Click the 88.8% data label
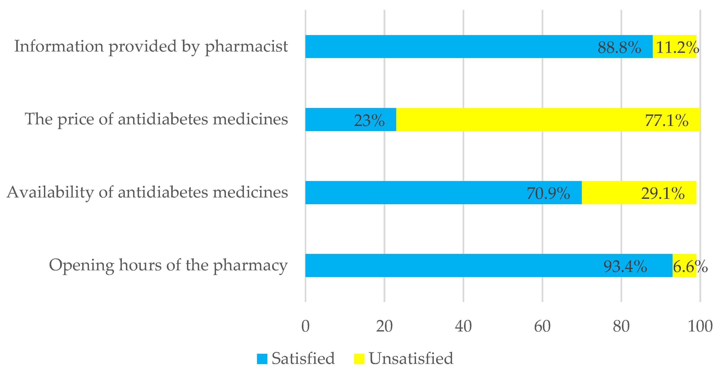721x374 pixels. pos(619,47)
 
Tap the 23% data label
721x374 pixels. pos(369,121)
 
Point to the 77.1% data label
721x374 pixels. pos(666,121)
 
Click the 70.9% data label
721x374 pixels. pos(548,193)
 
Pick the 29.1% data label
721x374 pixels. pos(662,193)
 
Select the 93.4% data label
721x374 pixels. pos(625,266)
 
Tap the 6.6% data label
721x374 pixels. pos(690,266)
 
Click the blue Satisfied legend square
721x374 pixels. pos(262,359)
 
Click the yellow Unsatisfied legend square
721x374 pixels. pos(359,359)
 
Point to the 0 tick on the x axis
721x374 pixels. pos(305,326)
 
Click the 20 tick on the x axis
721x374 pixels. pos(384,326)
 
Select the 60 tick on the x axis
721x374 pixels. pos(542,326)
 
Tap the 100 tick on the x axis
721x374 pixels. pos(700,326)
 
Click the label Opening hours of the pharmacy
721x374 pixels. pos(168,265)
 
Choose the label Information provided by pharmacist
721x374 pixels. pos(151,46)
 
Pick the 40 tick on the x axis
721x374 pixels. pos(463,326)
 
